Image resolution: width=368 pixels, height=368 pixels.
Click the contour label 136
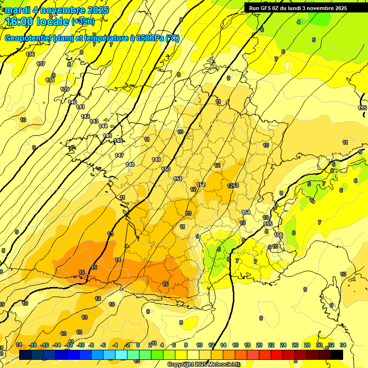coord(30,54)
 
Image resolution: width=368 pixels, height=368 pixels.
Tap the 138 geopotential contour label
coord(50,80)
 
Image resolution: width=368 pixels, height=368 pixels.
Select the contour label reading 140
coord(72,102)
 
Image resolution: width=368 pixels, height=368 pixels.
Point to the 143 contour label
coord(94,121)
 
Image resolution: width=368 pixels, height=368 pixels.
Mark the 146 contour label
coord(118,140)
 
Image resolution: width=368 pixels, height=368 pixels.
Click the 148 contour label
coord(130,164)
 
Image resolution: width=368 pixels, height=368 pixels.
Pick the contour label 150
coord(166,169)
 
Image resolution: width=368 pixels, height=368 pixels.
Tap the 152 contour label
coord(201,184)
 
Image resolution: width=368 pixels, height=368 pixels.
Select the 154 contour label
coord(246,212)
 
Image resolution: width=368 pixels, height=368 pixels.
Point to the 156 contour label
coord(279,235)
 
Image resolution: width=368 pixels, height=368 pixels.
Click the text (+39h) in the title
coord(83,21)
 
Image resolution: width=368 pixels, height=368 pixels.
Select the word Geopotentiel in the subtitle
coord(27,38)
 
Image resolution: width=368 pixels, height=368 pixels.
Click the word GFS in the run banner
coord(266,8)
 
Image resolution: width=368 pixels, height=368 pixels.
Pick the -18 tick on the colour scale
coord(33,345)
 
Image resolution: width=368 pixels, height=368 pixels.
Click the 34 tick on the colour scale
coord(343,345)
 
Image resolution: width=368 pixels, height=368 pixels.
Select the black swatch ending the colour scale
coord(336,355)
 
